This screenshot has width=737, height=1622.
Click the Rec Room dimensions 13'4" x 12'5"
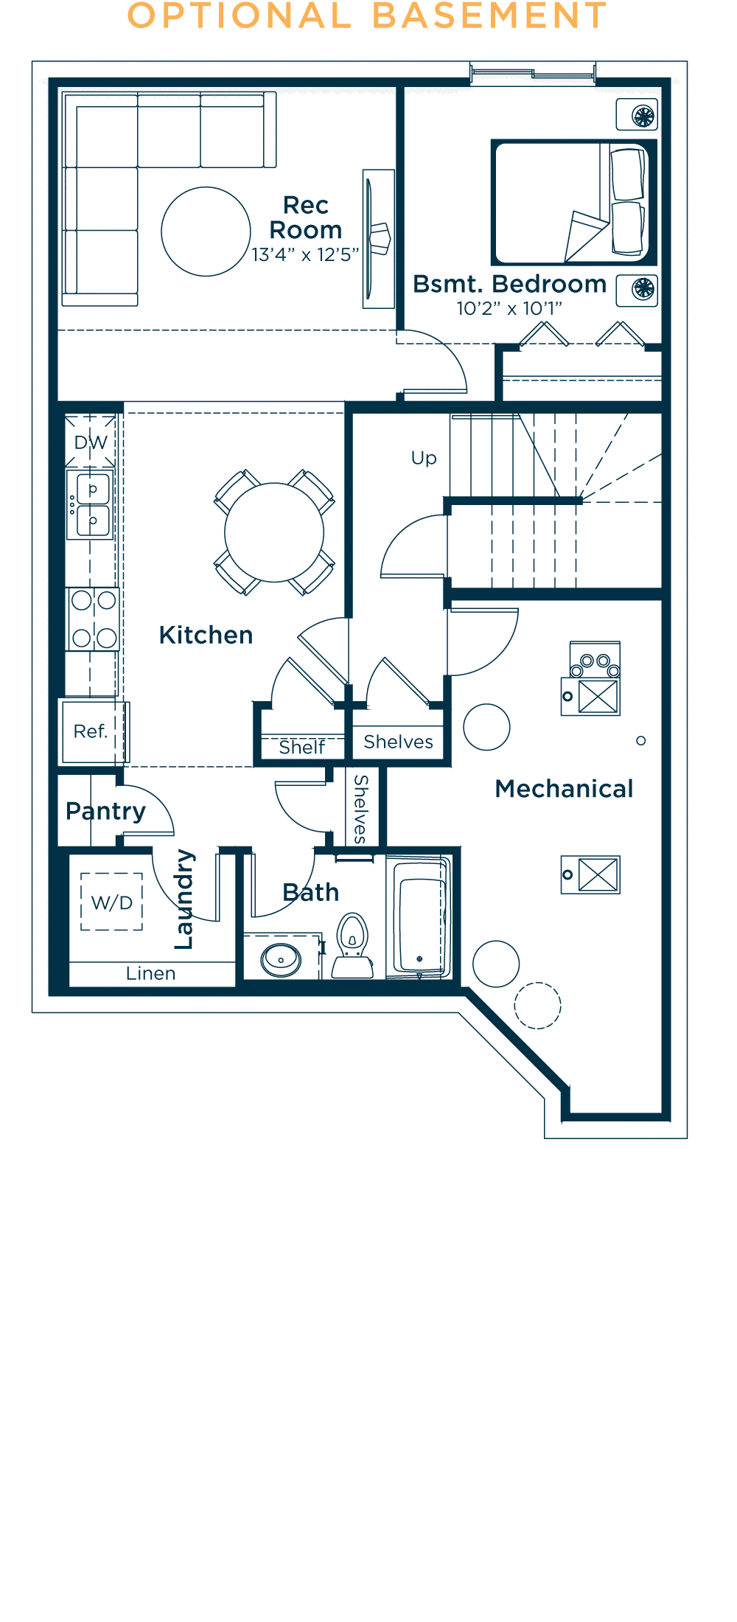tap(305, 255)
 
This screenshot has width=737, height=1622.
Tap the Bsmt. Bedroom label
tap(509, 285)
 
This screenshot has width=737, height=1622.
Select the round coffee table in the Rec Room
tap(206, 232)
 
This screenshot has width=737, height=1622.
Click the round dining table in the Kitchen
tap(274, 532)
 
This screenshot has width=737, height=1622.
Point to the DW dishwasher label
tap(91, 442)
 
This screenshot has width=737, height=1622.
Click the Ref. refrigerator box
tap(91, 731)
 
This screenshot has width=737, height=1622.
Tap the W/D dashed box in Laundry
tap(111, 902)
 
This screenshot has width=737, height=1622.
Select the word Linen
tap(150, 974)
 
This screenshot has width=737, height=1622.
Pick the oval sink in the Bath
tap(281, 960)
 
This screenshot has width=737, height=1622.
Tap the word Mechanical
tap(564, 789)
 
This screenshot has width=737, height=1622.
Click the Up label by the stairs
tap(424, 458)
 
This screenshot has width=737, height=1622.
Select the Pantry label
tap(105, 812)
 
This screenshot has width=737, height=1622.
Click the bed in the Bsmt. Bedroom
tap(573, 203)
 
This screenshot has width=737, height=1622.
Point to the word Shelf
tap(301, 748)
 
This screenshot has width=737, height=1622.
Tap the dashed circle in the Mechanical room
tap(537, 1006)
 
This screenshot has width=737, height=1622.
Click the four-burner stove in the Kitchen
tap(94, 619)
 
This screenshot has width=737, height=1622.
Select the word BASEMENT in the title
tap(489, 16)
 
